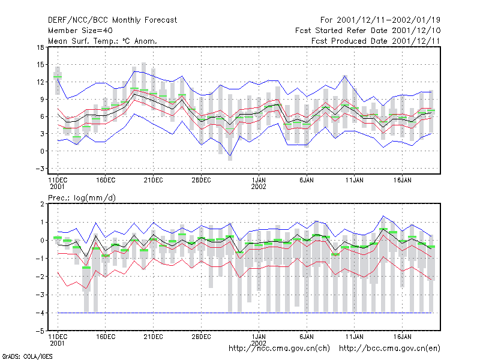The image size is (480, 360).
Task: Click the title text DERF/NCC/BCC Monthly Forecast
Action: [112, 20]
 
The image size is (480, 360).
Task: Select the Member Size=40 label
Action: [80, 31]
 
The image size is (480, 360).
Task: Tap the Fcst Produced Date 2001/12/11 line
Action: [376, 41]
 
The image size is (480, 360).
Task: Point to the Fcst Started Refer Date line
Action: [368, 31]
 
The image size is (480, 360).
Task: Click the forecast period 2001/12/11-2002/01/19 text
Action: [380, 20]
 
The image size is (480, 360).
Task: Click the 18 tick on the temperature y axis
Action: [40, 47]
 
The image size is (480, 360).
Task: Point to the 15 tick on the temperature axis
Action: [40, 65]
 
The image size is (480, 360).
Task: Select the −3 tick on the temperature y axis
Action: [40, 169]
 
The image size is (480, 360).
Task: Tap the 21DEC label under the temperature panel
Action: [153, 180]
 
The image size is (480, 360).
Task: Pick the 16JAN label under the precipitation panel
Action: [402, 337]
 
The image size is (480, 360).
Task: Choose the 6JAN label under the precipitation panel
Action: [307, 337]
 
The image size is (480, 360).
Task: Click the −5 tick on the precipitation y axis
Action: [40, 331]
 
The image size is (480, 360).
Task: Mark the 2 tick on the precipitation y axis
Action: [42, 204]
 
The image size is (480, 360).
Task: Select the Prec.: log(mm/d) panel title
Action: [82, 198]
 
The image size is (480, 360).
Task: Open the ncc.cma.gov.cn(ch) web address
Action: [279, 349]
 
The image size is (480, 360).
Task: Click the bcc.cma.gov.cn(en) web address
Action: [389, 349]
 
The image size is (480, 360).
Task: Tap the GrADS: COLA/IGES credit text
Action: [28, 356]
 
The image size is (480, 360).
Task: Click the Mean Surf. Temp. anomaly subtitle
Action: [103, 41]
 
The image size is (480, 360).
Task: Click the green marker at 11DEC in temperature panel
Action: [58, 77]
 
